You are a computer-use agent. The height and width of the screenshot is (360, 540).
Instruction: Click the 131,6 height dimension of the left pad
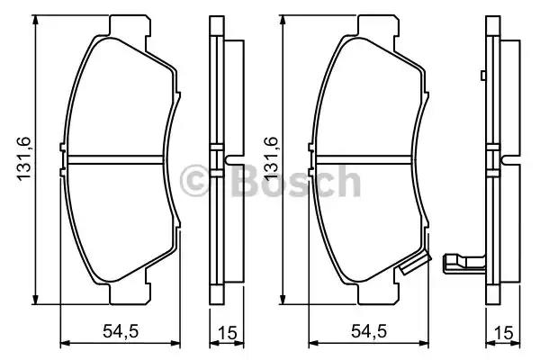[x=24, y=159]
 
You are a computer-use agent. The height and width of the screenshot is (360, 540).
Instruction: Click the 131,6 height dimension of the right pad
[x=270, y=159]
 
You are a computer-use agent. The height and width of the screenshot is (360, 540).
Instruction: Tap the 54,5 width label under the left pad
[x=121, y=331]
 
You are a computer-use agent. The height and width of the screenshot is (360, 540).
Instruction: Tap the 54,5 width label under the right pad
[x=368, y=331]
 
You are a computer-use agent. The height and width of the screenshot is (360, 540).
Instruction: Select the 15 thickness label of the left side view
[x=228, y=333]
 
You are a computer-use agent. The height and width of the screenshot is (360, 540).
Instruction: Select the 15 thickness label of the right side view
[x=503, y=333]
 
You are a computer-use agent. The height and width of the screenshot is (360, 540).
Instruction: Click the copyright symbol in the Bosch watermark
[x=194, y=181]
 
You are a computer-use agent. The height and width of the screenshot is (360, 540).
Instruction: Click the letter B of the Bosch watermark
[x=245, y=181]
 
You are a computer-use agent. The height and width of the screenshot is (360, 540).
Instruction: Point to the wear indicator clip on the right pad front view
[x=415, y=264]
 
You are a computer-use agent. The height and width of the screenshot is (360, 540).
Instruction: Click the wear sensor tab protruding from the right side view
[x=464, y=263]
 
